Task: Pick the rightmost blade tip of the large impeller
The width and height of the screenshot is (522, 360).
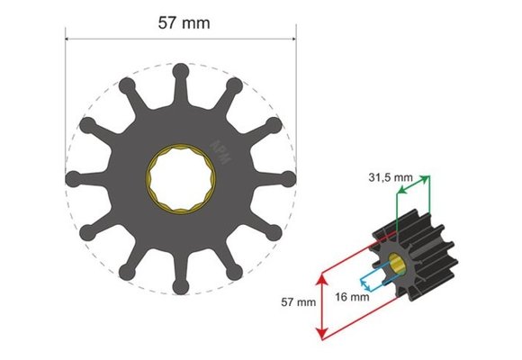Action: [x=290, y=178]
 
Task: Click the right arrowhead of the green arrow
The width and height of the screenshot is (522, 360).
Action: [x=427, y=177]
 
